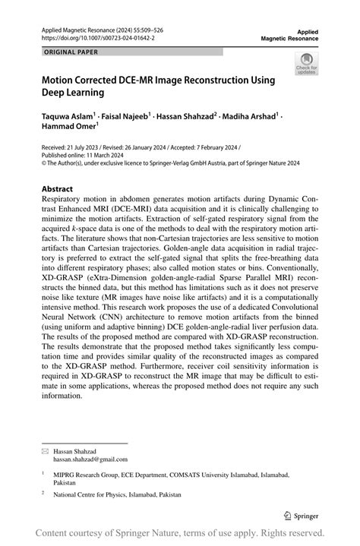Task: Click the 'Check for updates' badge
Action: click(307, 65)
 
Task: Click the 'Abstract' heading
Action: click(57, 188)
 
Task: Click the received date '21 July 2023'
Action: click(88, 149)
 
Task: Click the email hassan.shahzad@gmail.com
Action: click(90, 459)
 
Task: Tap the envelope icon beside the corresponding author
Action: click(44, 450)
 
